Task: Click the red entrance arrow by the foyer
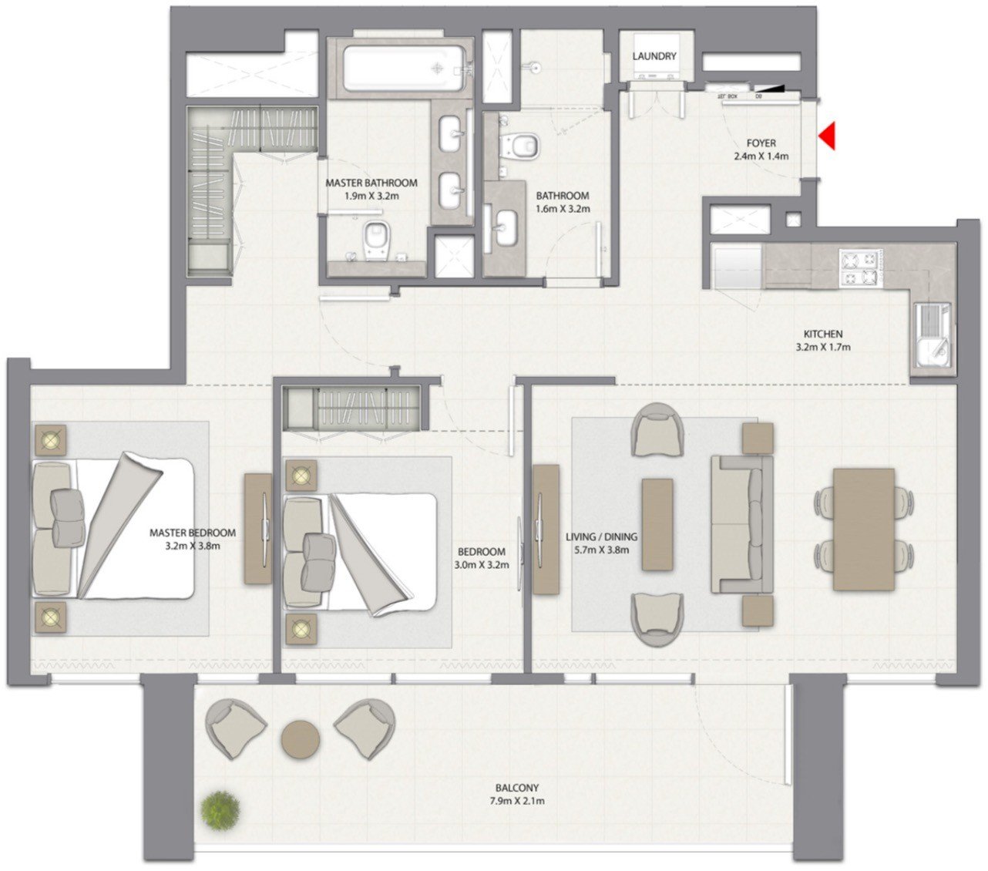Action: [x=828, y=136]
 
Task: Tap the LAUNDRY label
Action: [x=654, y=56]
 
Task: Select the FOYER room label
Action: [x=761, y=143]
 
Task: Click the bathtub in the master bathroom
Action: [x=404, y=67]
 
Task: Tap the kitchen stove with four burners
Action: [x=859, y=268]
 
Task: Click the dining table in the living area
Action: [x=864, y=529]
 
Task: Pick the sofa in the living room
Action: [x=741, y=524]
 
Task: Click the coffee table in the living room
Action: [x=657, y=524]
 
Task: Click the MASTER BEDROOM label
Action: [x=193, y=533]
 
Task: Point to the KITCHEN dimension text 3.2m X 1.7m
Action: [x=823, y=347]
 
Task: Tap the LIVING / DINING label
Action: [x=597, y=536]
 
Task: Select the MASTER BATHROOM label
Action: [x=371, y=183]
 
